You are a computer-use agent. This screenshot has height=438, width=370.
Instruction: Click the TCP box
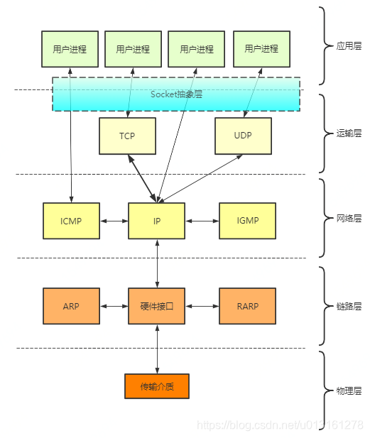128,136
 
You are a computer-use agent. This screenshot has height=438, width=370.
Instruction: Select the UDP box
243,136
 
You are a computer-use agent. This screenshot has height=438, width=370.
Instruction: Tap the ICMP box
71,221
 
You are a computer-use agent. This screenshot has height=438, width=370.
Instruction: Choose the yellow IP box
156,221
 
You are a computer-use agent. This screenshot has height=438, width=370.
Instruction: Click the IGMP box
247,221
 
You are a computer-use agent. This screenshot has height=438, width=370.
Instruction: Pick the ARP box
71,307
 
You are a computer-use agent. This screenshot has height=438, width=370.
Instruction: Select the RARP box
247,307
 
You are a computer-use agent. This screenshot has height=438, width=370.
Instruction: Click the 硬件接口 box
156,307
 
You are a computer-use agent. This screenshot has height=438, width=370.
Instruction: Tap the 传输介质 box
156,387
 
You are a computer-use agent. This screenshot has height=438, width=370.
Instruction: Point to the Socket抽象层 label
176,94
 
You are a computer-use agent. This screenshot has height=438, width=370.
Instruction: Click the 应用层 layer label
349,46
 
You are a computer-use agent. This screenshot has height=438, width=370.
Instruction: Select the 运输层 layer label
349,133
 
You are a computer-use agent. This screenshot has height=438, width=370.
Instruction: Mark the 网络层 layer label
349,219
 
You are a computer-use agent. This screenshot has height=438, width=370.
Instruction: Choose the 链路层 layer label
349,306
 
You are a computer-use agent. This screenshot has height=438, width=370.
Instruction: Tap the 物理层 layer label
349,391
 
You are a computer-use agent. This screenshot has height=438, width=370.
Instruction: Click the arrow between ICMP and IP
114,221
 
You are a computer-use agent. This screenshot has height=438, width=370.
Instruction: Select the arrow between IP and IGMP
202,221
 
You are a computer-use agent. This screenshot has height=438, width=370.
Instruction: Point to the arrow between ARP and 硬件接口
114,307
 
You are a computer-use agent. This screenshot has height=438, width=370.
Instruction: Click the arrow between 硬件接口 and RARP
202,307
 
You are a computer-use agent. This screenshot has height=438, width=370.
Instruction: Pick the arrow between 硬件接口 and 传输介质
157,349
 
